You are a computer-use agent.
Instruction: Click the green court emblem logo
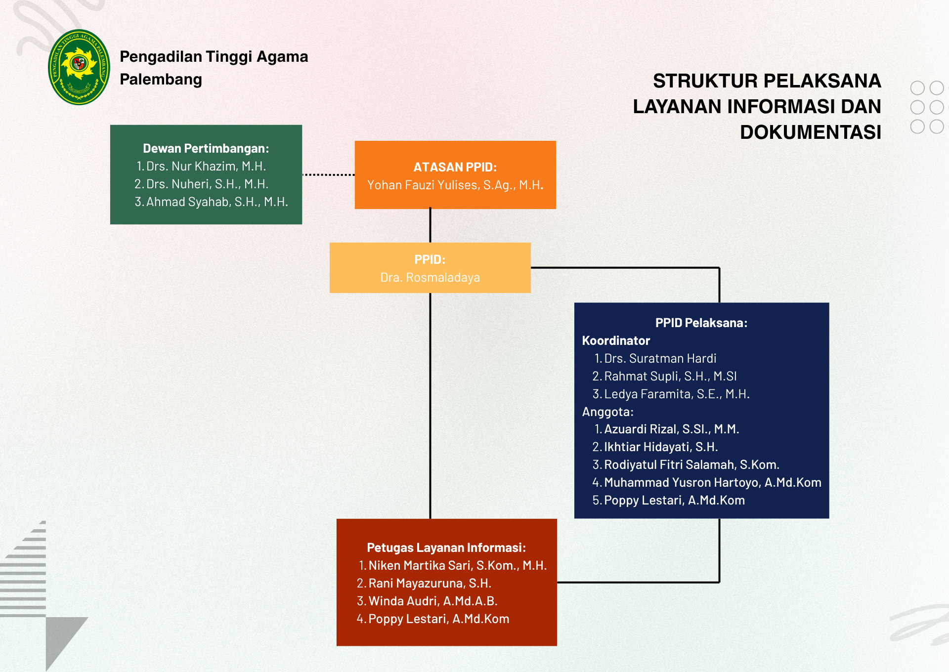[79, 67]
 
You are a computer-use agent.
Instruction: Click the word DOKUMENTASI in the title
[811, 132]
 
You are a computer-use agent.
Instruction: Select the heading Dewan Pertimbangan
[206, 148]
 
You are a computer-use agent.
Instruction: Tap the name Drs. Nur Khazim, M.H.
[206, 166]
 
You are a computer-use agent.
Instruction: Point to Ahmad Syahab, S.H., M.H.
[217, 202]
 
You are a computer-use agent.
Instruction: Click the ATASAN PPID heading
[455, 167]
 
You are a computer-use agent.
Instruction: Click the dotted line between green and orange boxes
[328, 174]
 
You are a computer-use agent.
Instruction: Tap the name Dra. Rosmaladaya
[430, 277]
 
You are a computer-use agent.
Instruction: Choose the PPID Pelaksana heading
[701, 323]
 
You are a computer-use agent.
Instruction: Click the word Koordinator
[616, 340]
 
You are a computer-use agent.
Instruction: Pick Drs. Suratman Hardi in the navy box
[660, 358]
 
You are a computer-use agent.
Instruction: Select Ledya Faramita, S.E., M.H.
[677, 394]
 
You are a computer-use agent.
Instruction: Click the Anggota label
[607, 412]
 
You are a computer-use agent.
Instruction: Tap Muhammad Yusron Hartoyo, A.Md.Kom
[713, 482]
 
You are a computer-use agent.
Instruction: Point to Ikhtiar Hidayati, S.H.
[661, 447]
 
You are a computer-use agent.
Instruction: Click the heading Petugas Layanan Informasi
[446, 547]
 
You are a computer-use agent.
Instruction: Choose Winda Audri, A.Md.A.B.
[433, 601]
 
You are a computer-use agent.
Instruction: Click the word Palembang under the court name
[161, 80]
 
